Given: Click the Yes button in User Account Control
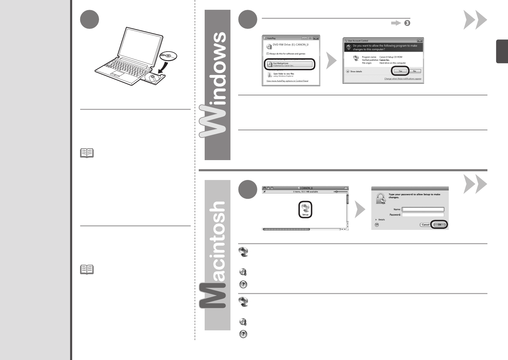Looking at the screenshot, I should pos(400,71).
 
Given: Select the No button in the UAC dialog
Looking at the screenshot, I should pos(415,71).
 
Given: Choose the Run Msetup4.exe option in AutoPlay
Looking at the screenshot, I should pos(290,64).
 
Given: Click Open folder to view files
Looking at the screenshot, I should pos(283,74).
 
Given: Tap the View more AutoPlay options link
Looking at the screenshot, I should pos(287,81).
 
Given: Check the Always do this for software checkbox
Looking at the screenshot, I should pos(268,54).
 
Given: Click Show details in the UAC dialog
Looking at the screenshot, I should pos(354,72).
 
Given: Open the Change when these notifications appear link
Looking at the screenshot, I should pos(403,79).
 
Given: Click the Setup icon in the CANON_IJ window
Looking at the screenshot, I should pos(305,210).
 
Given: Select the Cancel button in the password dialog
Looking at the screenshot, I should pos(425,225).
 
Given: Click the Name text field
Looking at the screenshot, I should pos(423,209).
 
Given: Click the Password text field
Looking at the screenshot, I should pos(423,215).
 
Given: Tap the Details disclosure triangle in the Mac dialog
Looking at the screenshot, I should pos(377,219).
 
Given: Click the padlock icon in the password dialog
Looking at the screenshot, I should pos(380,198).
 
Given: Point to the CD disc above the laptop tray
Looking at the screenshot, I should pos(168,56).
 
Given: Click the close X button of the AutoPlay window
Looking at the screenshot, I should pos(316,38).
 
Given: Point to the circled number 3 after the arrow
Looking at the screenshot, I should pos(407,23).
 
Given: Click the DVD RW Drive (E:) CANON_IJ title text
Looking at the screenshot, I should pos(290,45).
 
